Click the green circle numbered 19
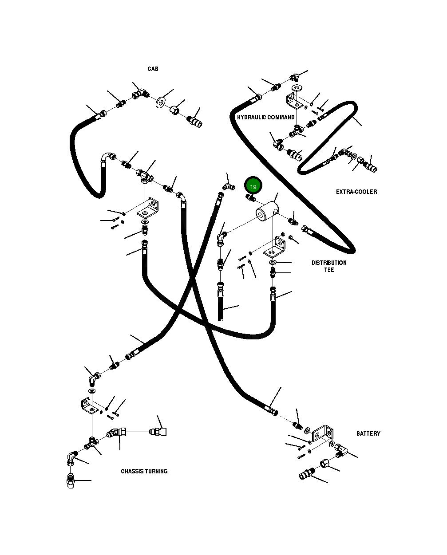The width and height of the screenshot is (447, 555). coord(253,186)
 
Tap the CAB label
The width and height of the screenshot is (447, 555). coord(153,69)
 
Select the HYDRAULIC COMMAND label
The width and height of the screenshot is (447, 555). coord(265,118)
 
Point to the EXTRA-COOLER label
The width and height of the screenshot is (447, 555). coord(356,192)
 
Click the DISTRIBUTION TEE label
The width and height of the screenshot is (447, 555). coord(329,266)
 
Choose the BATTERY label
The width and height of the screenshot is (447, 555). coord(368,433)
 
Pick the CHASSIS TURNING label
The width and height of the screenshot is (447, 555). coord(144,471)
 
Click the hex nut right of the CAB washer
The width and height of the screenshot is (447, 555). coord(175,109)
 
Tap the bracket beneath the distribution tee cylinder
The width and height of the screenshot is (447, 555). coord(275,247)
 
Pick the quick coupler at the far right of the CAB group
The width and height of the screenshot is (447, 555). coord(194,121)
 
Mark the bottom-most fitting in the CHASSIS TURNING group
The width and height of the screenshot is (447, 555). coord(71,482)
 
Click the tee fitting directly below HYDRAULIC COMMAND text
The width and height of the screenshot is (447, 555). coord(296,132)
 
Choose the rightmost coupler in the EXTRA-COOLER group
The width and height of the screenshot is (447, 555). coord(370,167)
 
